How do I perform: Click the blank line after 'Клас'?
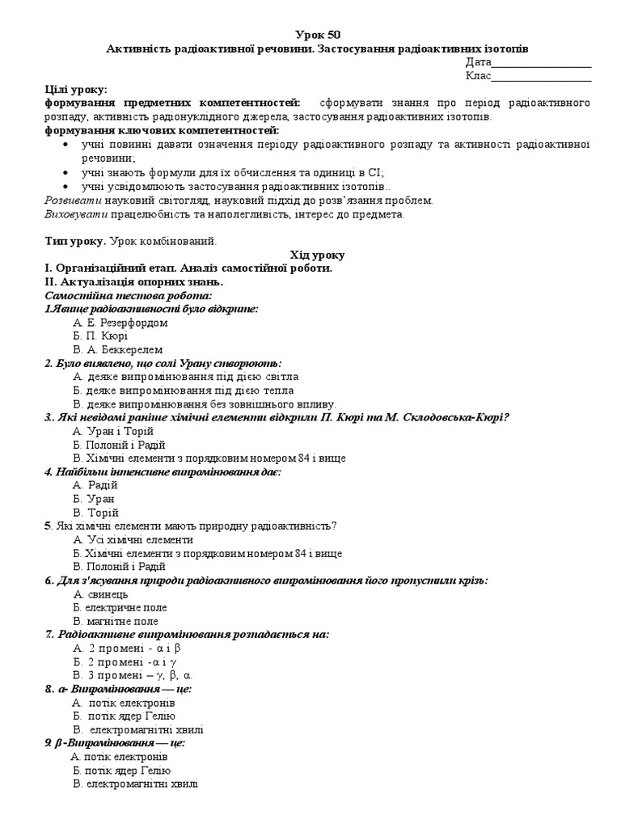click(x=541, y=79)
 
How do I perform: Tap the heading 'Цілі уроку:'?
click(x=76, y=90)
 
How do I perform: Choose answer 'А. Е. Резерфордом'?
click(x=120, y=323)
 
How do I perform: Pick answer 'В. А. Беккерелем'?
click(x=117, y=350)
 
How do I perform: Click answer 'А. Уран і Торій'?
click(x=114, y=431)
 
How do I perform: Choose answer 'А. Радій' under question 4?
click(x=95, y=485)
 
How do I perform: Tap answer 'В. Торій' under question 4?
click(x=95, y=513)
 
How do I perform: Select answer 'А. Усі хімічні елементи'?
click(x=133, y=539)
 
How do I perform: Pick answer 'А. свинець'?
click(x=101, y=594)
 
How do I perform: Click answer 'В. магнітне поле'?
click(x=116, y=621)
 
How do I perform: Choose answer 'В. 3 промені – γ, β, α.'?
click(x=133, y=675)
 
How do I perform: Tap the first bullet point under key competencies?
click(x=323, y=150)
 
